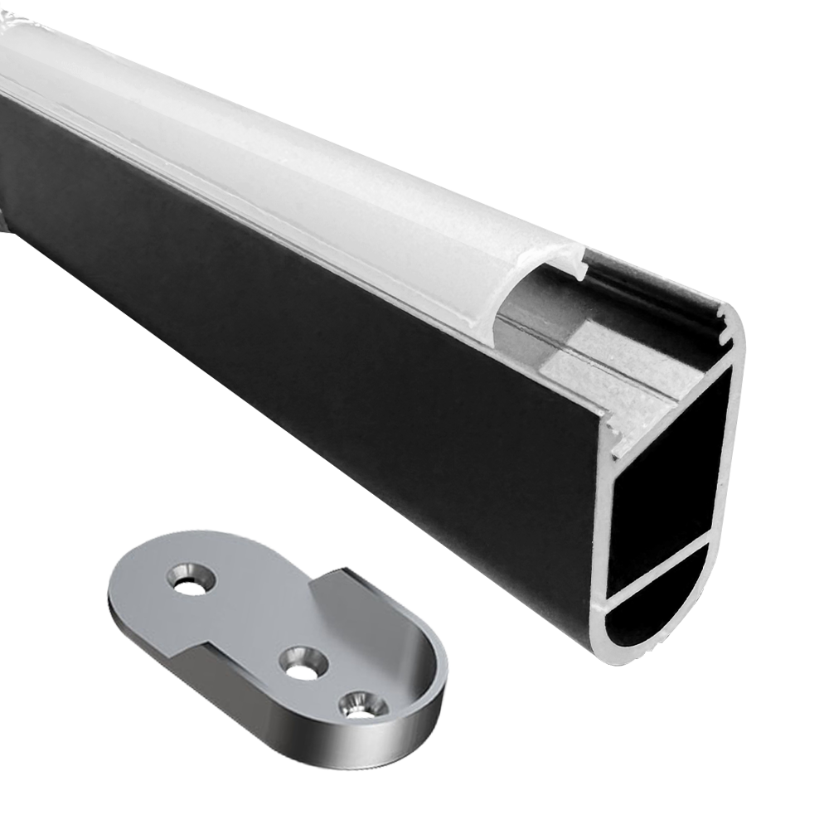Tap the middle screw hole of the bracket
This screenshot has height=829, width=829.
point(301,662)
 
